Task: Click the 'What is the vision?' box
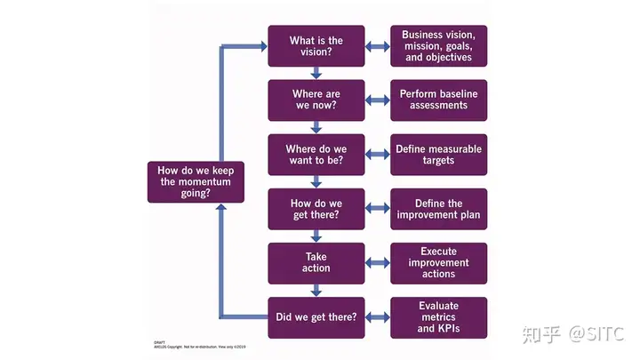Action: point(316,46)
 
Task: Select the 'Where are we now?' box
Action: point(316,100)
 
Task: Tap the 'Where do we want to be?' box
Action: point(316,155)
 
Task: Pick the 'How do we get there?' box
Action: point(316,209)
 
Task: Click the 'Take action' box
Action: point(316,263)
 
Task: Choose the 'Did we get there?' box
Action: point(316,317)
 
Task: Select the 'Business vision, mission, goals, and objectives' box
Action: point(439,46)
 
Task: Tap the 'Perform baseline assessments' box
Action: point(439,100)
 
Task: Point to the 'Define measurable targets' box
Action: point(439,155)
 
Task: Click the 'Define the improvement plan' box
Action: point(439,209)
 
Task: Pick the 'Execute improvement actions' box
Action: point(439,263)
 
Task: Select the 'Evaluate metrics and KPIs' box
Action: point(439,317)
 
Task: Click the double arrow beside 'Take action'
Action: point(378,263)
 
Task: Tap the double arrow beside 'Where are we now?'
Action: point(378,100)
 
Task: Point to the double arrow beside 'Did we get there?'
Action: point(378,317)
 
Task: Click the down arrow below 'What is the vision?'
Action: point(316,74)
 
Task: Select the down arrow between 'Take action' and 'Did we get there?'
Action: point(316,291)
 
